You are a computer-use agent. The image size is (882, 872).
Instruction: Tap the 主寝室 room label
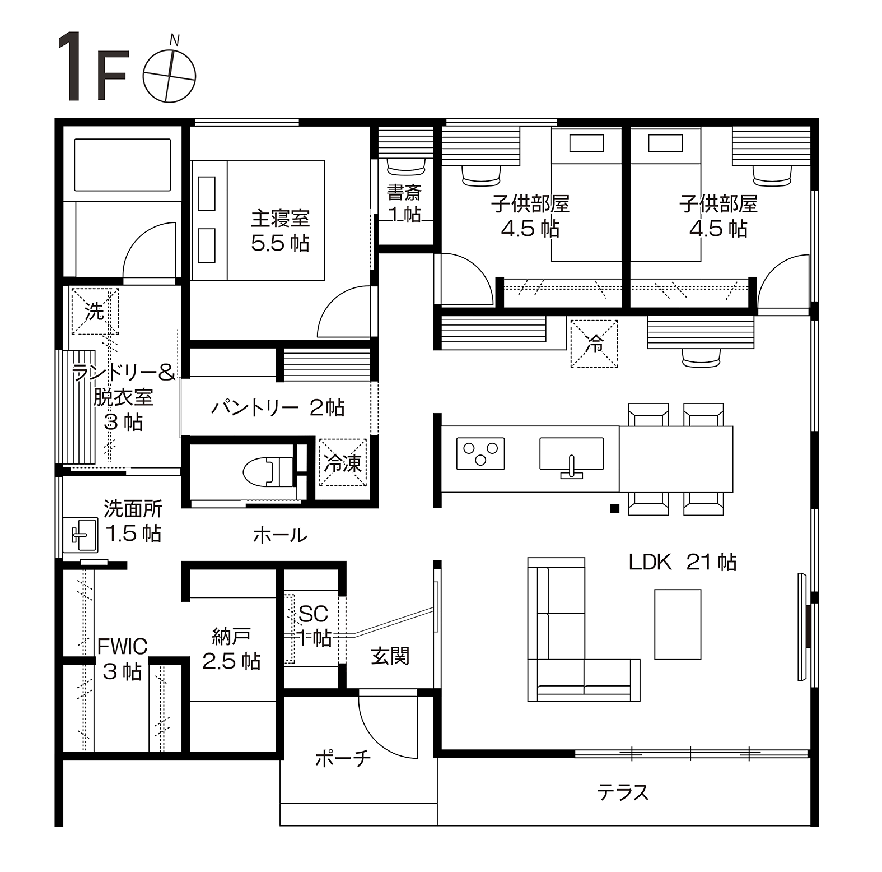pyautogui.click(x=280, y=218)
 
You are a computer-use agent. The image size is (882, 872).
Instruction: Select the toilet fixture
pyautogui.click(x=268, y=470)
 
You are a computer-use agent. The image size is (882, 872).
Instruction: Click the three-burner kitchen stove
pyautogui.click(x=480, y=453)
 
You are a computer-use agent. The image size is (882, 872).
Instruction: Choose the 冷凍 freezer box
pyautogui.click(x=343, y=462)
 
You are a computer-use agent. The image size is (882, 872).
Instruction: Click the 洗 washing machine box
pyautogui.click(x=95, y=311)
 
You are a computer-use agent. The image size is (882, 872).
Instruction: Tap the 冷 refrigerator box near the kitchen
pyautogui.click(x=594, y=343)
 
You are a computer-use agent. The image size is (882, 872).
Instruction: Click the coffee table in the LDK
pyautogui.click(x=678, y=624)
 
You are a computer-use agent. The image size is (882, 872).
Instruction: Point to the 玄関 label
pyautogui.click(x=390, y=656)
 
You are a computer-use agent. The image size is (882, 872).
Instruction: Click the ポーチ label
pyautogui.click(x=343, y=759)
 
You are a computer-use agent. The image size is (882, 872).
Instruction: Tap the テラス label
pyautogui.click(x=622, y=792)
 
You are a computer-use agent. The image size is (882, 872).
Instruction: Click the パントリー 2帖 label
pyautogui.click(x=278, y=407)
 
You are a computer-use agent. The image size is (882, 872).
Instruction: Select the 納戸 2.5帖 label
pyautogui.click(x=231, y=649)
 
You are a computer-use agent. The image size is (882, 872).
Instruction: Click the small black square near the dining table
pyautogui.click(x=614, y=509)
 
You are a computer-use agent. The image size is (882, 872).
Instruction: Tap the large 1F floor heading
pyautogui.click(x=92, y=67)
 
